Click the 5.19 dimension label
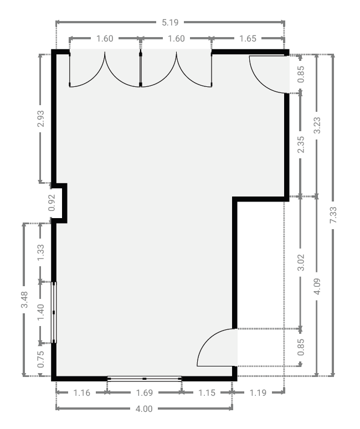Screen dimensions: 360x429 click(170, 23)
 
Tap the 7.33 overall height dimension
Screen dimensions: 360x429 click(333, 215)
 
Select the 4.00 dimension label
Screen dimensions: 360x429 click(144, 409)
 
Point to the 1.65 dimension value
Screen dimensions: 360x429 click(248, 39)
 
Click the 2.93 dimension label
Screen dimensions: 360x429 click(40, 118)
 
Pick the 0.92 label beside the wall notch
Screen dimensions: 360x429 click(52, 203)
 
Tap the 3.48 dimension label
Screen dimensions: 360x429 click(24, 299)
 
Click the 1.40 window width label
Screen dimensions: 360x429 click(40, 312)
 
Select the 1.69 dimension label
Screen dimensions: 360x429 click(144, 392)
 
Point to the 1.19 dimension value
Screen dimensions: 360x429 click(258, 392)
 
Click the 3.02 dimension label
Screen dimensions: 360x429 click(301, 262)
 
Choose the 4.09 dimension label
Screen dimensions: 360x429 click(317, 286)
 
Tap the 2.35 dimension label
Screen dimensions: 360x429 click(301, 144)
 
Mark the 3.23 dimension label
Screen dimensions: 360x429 click(317, 125)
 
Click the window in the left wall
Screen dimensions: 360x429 click(54, 312)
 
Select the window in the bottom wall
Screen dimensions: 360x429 click(144, 379)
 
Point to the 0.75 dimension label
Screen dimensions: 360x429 click(40, 359)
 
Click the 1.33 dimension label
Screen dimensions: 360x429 click(40, 252)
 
